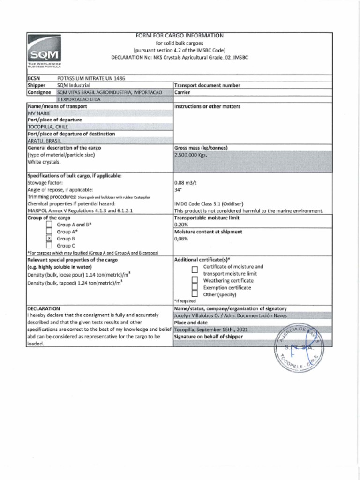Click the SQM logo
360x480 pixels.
[x=45, y=55]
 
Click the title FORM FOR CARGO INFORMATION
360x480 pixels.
[x=180, y=36]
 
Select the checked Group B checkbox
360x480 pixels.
[x=49, y=239]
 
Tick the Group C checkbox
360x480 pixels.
[x=49, y=246]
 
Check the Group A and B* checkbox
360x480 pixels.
[x=49, y=225]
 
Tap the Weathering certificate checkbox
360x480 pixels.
[x=195, y=280]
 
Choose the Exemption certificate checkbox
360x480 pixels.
[x=195, y=287]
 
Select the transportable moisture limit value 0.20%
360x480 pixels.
[x=181, y=225]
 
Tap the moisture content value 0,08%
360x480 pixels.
[x=181, y=239]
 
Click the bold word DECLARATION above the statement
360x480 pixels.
[x=44, y=308]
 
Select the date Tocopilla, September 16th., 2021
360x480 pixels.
[x=210, y=330]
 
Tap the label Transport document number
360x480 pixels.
[x=207, y=85]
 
